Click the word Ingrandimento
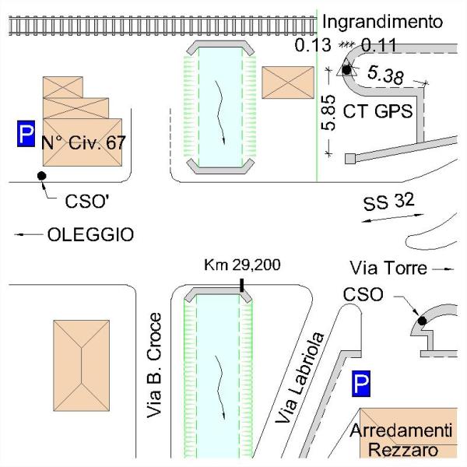pyautogui.click(x=382, y=21)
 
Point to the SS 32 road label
pyautogui.click(x=388, y=203)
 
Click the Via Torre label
pyautogui.click(x=389, y=269)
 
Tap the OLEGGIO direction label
pyautogui.click(x=90, y=234)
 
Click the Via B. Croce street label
pyautogui.click(x=155, y=366)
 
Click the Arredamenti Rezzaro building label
pyautogui.click(x=401, y=441)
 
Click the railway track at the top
pyautogui.click(x=156, y=26)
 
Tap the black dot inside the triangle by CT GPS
pyautogui.click(x=346, y=70)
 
